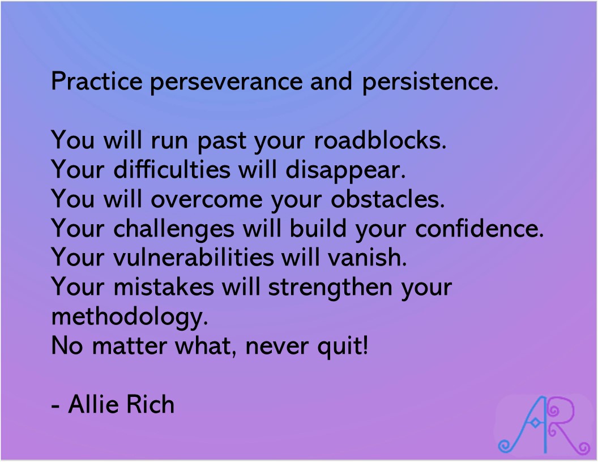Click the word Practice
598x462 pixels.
click(97, 82)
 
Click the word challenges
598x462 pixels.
click(174, 229)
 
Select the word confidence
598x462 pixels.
click(479, 228)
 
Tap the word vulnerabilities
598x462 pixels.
click(194, 258)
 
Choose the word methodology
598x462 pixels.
click(127, 317)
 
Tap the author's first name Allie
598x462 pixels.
click(93, 405)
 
